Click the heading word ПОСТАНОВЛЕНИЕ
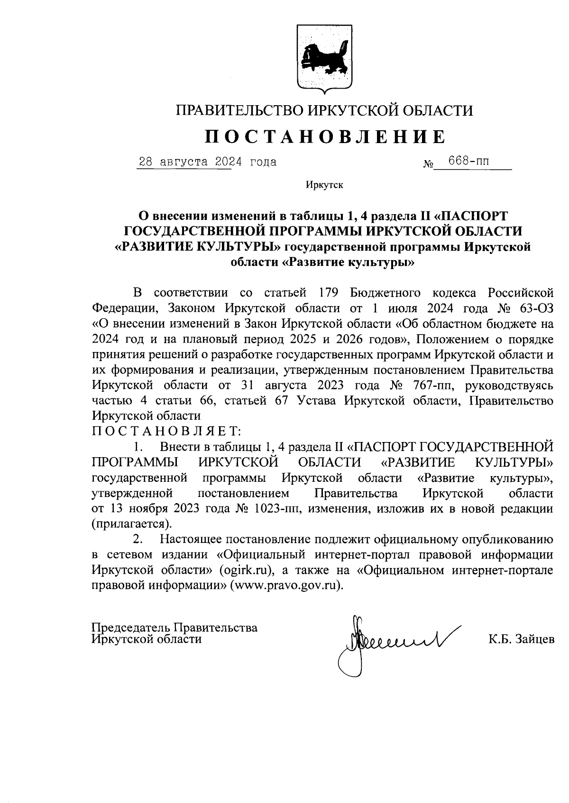click(325, 137)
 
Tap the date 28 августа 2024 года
click(206, 162)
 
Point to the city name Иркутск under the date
click(324, 185)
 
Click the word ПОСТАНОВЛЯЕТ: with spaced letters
click(166, 431)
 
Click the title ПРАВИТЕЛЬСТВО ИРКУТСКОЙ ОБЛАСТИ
click(325, 111)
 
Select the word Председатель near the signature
click(130, 628)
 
